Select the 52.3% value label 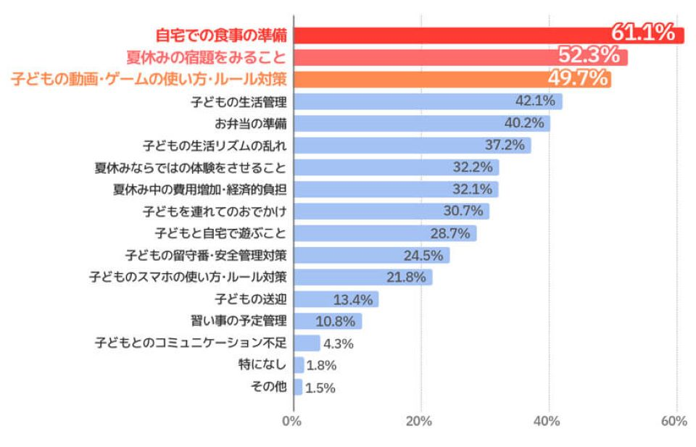588,56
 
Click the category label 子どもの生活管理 239,101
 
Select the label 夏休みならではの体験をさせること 190,167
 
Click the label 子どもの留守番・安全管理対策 206,256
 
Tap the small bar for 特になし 299,365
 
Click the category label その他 268,387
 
